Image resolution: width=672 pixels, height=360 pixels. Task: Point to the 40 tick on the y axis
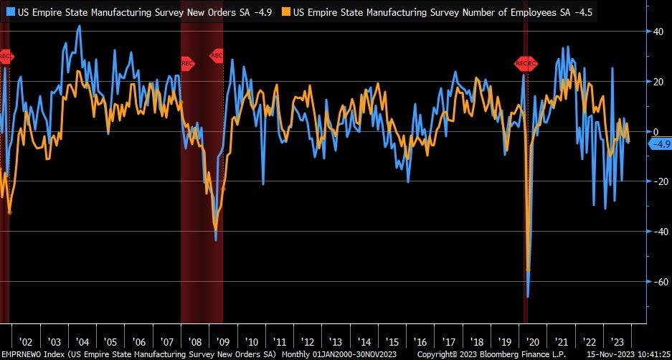pos(657,31)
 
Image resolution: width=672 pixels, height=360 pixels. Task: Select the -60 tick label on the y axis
pos(656,282)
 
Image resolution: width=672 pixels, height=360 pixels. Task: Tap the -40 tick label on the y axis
pos(656,232)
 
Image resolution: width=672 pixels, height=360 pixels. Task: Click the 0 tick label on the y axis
pos(654,131)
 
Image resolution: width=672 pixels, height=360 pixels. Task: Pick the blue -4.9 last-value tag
pos(659,144)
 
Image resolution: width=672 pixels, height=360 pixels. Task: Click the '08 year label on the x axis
pos(195,342)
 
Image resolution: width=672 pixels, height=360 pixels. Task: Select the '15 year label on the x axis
pos(392,342)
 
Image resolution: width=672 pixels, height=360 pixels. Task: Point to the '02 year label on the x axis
pos(25,342)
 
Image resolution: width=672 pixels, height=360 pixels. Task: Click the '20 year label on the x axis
pos(533,342)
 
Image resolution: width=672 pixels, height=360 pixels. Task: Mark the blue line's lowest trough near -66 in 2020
pos(528,296)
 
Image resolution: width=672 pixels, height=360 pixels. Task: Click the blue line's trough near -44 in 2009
pos(216,240)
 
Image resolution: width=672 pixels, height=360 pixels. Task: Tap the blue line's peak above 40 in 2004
pos(79,26)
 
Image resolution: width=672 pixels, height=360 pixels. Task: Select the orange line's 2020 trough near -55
pos(529,270)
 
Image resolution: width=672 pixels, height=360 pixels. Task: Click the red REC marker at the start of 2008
pos(187,63)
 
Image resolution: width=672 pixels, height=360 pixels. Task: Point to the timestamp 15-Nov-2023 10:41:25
pos(627,354)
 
